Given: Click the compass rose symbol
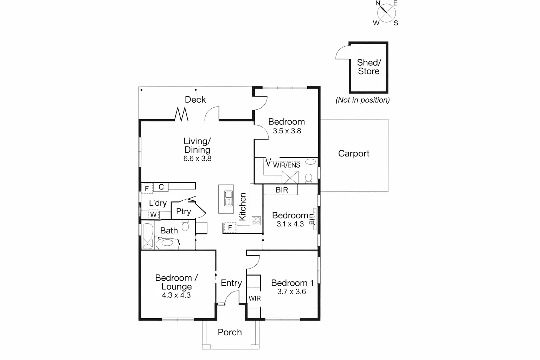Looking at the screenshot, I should [386, 13].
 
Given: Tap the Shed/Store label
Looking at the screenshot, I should [368, 67].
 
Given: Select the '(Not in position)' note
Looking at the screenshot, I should [362, 100].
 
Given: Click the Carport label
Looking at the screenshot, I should [353, 154].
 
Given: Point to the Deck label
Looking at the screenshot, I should [195, 100].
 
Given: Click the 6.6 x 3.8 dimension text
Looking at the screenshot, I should [197, 159].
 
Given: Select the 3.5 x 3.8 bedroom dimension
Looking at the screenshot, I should [287, 131].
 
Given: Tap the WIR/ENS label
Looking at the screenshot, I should [287, 165].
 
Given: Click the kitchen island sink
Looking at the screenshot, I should [229, 198].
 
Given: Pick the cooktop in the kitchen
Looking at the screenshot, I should [256, 221].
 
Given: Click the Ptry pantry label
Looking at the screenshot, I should [183, 211].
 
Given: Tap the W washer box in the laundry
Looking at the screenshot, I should [154, 214].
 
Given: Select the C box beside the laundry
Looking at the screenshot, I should [161, 187].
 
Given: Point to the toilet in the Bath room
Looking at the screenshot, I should [185, 225].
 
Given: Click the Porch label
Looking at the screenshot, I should [230, 332].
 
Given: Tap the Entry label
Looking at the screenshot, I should [231, 283].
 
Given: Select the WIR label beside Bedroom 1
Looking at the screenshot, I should [255, 298].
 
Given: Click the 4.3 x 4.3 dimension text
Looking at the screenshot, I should [176, 295].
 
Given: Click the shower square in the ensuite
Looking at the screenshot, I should [290, 177].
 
